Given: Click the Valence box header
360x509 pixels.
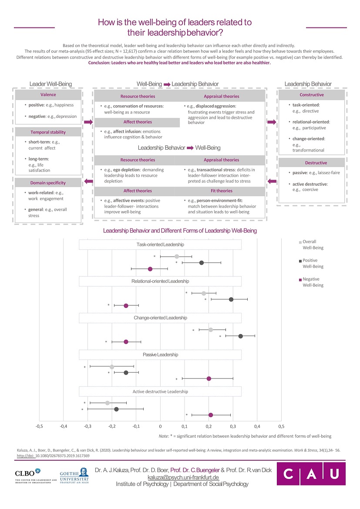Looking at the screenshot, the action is [48, 95].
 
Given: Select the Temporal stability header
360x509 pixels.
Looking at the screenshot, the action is [48, 132].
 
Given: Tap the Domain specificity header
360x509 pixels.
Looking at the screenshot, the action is [48, 183].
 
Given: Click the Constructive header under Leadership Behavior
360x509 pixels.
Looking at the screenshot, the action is [312, 95].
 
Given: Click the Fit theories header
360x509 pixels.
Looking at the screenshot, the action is [222, 191].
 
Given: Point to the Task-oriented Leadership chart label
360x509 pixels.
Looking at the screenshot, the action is [160, 244].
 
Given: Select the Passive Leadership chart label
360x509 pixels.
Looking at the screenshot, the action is [160, 355].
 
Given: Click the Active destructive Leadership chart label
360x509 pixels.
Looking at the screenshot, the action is [160, 392].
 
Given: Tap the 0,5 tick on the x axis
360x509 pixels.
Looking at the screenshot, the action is [281, 426].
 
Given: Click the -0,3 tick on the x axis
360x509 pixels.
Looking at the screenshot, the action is [87, 426].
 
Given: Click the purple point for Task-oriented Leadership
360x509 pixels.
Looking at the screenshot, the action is [150, 269].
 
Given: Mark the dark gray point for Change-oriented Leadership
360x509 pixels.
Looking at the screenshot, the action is [240, 336].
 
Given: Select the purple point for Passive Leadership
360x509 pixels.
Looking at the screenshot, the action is [209, 378].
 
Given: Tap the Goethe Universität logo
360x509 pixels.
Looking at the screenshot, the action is [74, 476].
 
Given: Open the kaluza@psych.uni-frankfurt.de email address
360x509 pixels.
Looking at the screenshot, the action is [183, 478].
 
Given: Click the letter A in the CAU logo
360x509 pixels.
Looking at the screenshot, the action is [311, 474].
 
